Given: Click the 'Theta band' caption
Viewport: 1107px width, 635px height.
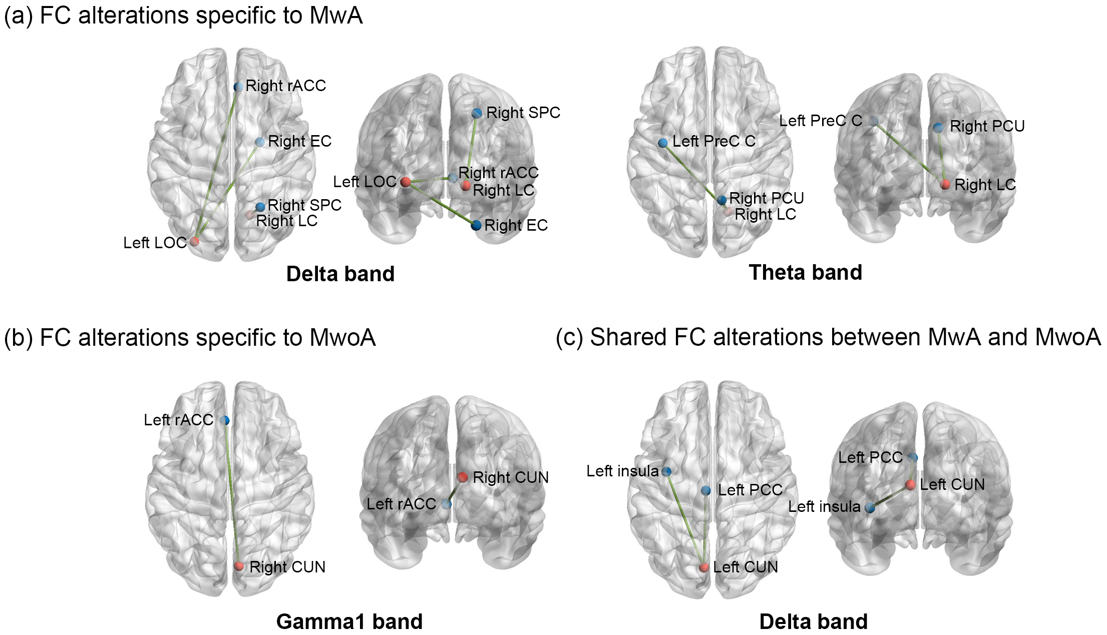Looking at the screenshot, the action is (805, 273).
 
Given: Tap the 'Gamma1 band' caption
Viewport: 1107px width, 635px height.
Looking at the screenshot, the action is (349, 621).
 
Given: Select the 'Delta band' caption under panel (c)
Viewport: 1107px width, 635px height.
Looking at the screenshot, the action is (814, 621).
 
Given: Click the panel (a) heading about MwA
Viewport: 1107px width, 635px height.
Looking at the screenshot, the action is (183, 16).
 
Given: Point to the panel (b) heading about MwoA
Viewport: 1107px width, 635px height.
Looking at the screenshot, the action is (190, 338).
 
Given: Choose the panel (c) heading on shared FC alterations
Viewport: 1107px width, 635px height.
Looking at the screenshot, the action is (828, 337).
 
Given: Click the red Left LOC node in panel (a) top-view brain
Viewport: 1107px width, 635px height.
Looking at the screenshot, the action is (195, 241).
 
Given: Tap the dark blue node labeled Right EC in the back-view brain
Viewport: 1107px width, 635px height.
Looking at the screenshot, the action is (476, 225).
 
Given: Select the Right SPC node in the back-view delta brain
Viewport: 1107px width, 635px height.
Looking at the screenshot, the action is (477, 113).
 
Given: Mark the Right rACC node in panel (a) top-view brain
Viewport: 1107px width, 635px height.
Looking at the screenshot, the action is (238, 87).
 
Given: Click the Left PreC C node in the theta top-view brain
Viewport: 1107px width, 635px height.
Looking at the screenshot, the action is (663, 143).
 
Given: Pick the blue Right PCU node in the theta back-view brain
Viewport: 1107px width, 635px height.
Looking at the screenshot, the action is (938, 128).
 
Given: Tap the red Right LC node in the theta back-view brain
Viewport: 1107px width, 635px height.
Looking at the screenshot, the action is (945, 184).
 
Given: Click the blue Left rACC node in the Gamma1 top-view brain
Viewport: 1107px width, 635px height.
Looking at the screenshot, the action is (225, 420).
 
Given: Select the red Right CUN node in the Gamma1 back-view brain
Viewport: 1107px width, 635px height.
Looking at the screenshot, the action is (463, 477).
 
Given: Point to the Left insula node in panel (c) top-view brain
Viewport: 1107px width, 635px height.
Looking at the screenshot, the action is (666, 471).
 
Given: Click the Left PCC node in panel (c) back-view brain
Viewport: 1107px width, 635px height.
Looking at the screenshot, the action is (913, 457).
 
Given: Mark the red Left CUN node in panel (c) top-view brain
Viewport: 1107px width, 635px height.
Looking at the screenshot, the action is (704, 567).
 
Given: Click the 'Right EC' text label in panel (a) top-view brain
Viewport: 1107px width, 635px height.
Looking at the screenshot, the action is (300, 142).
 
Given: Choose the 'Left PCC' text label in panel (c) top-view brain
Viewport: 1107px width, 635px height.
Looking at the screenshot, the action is (750, 490).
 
